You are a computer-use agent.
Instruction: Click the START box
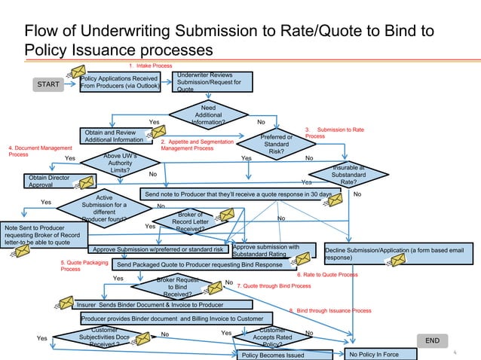point(48,84)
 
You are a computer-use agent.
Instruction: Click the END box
point(432,340)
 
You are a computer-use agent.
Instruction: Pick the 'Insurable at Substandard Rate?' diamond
point(348,174)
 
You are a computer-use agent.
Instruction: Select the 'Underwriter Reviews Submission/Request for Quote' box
point(209,81)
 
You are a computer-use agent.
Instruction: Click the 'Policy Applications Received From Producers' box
point(119,81)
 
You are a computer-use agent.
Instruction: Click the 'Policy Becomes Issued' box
point(271,355)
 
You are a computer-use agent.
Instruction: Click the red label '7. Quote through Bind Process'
point(274,286)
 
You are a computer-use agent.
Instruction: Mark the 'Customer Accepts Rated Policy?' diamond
point(272,337)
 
